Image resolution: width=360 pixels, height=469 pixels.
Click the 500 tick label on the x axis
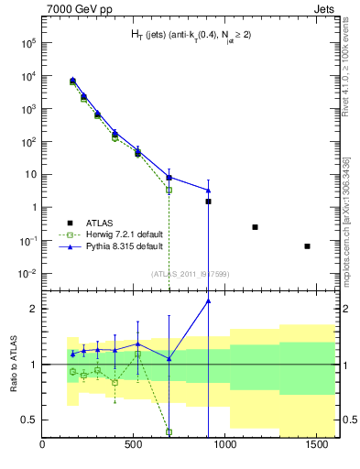click(134, 446)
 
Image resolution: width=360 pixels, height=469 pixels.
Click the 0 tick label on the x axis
click(43, 446)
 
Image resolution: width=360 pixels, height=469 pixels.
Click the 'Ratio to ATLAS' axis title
click(13, 365)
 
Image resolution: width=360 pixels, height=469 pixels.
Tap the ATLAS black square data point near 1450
click(307, 245)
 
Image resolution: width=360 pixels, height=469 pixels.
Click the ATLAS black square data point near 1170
click(255, 227)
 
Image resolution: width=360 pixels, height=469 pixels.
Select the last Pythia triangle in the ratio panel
click(208, 300)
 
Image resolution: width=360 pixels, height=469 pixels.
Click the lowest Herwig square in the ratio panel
click(169, 431)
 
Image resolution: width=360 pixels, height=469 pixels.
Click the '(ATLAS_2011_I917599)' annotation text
click(190, 273)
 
